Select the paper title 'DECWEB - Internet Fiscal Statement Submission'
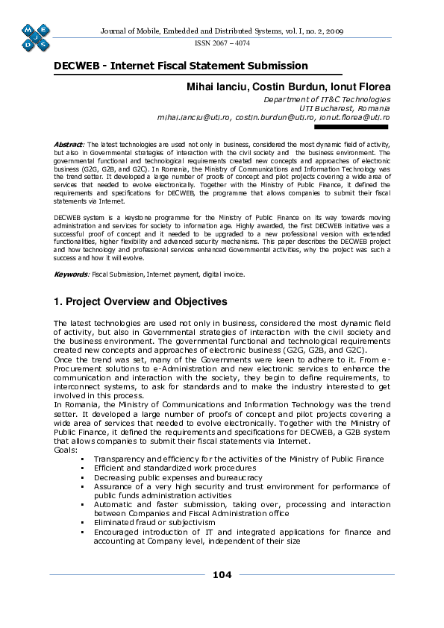(x=181, y=66)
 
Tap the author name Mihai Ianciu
(x=217, y=87)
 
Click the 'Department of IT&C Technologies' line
(x=327, y=99)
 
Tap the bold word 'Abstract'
(x=69, y=143)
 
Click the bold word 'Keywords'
(x=70, y=274)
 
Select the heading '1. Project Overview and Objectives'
(x=140, y=302)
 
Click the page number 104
(x=222, y=574)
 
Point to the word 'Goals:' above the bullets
(x=66, y=450)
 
